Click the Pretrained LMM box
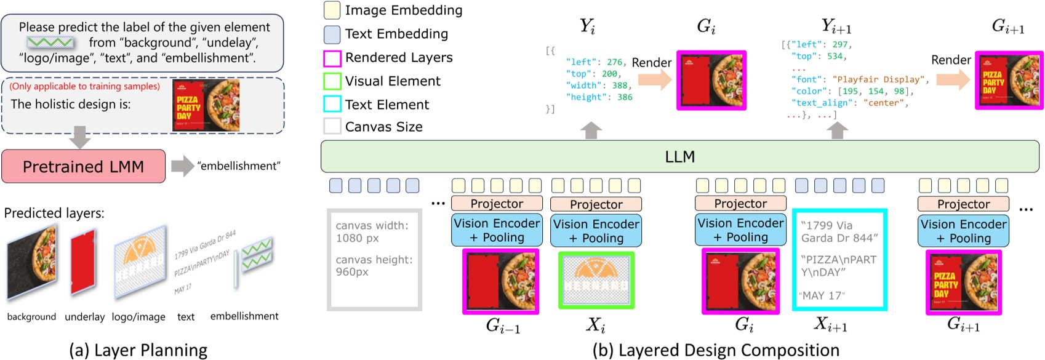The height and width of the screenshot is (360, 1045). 83,166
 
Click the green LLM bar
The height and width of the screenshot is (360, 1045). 679,157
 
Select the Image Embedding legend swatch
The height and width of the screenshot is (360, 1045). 332,10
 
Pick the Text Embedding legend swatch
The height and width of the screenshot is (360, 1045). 332,34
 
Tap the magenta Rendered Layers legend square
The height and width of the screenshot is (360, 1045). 332,58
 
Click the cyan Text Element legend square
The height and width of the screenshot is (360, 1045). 332,105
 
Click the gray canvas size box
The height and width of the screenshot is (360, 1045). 374,259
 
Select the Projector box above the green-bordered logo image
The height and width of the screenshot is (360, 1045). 596,204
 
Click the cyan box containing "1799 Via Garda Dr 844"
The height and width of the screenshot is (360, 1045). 839,259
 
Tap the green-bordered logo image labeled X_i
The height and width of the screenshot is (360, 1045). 596,280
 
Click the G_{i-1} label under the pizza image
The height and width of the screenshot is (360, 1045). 502,326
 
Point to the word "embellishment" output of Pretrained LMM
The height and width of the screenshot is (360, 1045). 239,166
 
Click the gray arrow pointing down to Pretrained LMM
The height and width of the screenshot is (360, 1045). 79,137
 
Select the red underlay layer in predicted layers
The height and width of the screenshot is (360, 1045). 83,262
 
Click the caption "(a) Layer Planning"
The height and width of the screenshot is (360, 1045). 138,350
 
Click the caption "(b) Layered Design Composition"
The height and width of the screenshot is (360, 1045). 715,350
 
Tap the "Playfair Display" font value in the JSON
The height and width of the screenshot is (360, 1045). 878,79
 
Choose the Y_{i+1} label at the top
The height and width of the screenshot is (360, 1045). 836,26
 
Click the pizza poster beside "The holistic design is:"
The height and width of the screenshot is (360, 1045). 206,105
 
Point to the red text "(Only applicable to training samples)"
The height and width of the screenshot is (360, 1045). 84,86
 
